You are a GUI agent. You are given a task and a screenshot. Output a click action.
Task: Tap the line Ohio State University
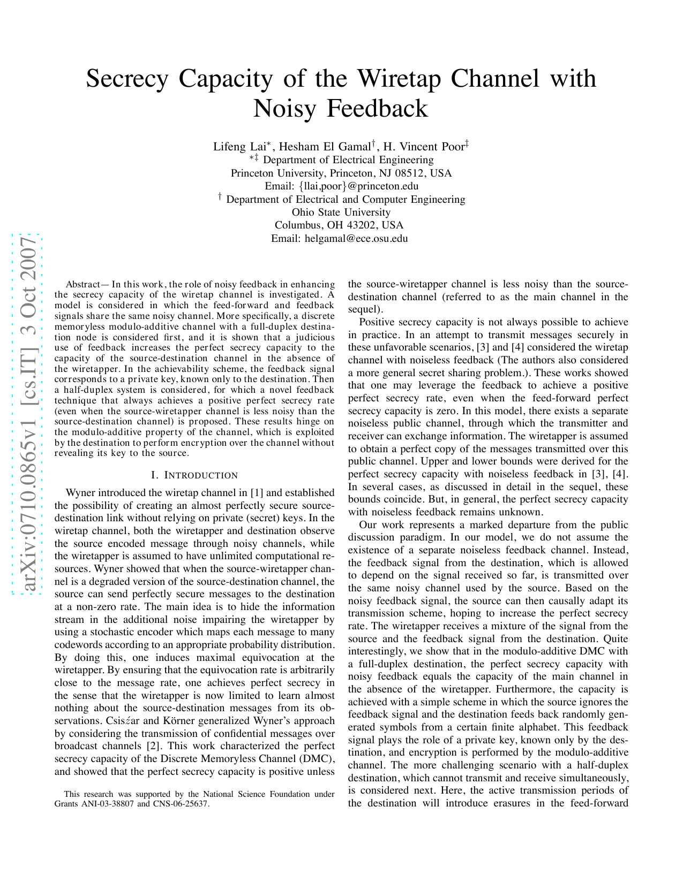coord(341,212)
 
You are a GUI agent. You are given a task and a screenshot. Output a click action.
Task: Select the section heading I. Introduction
coord(194,475)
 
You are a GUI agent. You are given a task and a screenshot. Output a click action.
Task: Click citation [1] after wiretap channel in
coord(257,493)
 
